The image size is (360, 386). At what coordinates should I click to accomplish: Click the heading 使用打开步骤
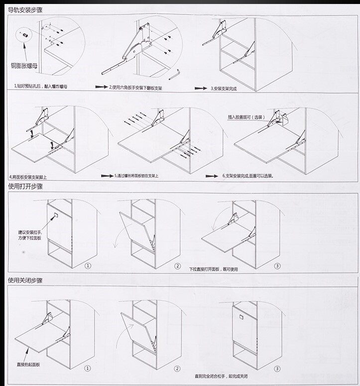point(25,188)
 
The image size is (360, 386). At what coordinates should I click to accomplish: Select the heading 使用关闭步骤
point(25,280)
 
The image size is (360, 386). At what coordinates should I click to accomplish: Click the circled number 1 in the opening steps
point(88,265)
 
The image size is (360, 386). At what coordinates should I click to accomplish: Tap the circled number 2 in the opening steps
point(177,265)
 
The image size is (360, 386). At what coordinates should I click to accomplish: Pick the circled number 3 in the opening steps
point(277,265)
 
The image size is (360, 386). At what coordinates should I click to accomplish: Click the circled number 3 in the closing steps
point(277,369)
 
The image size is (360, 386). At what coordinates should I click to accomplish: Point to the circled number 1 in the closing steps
point(88,369)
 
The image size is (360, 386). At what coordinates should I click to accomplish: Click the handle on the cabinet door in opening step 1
point(55,216)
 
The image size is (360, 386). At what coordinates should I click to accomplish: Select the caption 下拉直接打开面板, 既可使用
point(214,269)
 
